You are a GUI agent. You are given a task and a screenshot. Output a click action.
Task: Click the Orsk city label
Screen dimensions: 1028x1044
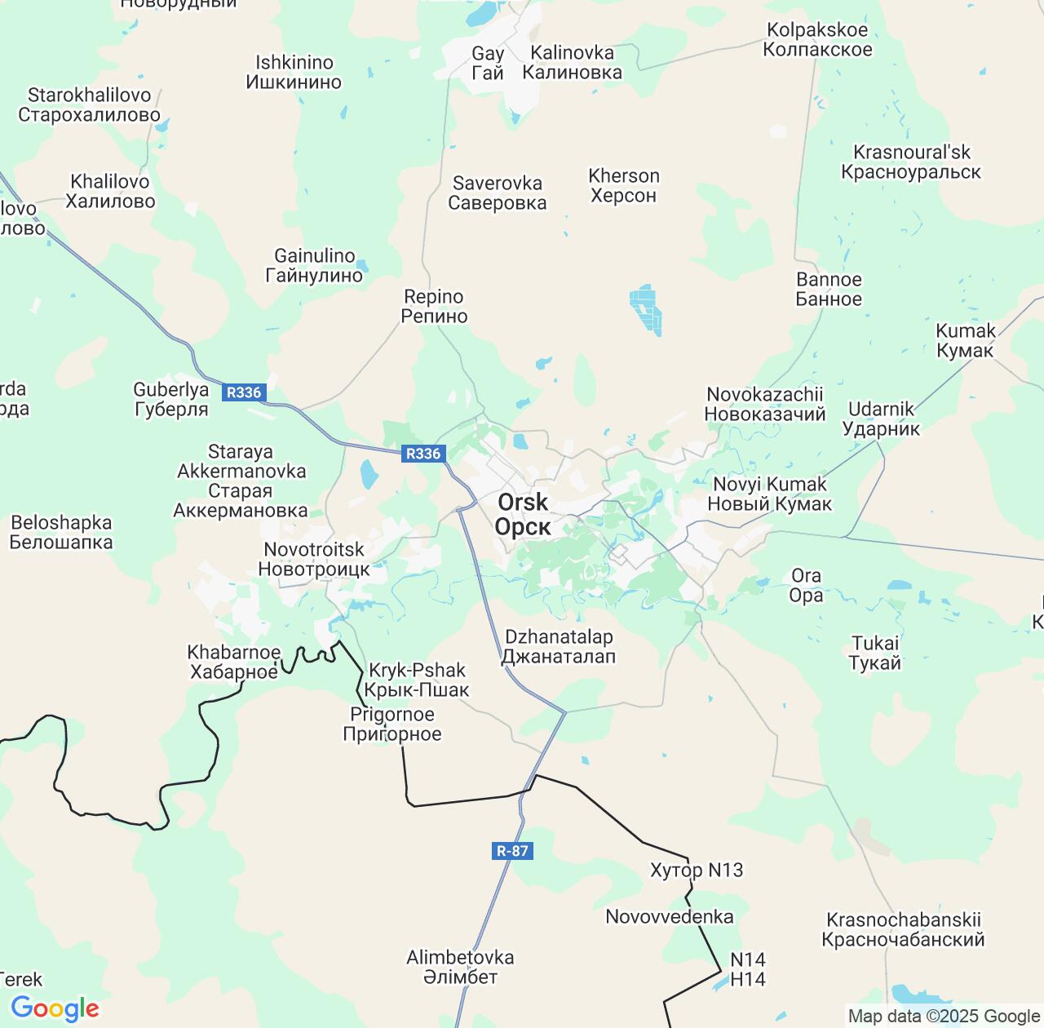click(523, 514)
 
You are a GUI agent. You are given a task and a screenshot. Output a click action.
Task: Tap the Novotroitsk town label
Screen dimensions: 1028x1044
click(314, 559)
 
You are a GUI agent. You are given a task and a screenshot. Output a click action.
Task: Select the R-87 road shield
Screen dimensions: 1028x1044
click(512, 851)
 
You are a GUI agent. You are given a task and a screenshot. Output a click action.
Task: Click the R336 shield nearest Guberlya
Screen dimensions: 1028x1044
click(244, 392)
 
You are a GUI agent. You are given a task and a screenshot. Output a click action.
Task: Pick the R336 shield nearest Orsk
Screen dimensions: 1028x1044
click(423, 454)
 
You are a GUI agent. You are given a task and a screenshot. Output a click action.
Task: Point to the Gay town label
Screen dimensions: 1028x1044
click(488, 63)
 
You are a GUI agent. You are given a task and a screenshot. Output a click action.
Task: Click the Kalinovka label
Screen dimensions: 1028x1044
click(572, 62)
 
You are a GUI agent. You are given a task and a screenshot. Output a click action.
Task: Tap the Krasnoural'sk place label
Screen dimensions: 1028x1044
click(911, 162)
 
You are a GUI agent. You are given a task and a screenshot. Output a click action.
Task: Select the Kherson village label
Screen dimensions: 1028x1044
click(624, 185)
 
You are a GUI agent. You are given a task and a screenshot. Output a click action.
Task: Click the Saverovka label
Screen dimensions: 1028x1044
click(498, 193)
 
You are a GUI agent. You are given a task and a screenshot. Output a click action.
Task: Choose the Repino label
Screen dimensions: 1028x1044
click(434, 306)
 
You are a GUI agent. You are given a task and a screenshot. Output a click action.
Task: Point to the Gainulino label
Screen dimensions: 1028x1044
click(314, 265)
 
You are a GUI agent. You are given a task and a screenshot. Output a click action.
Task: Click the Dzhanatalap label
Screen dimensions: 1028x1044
click(559, 646)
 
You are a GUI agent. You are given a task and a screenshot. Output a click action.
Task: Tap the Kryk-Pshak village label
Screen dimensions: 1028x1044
click(417, 680)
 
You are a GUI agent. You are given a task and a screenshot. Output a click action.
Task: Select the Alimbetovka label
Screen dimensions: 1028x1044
click(460, 967)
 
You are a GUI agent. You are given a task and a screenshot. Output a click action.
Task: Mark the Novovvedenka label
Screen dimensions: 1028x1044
click(669, 916)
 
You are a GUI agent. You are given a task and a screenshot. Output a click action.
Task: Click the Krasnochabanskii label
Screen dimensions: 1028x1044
click(903, 929)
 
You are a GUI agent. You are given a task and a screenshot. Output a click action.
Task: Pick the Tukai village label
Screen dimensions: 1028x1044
click(875, 653)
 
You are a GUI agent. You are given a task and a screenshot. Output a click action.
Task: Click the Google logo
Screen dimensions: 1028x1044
click(55, 1008)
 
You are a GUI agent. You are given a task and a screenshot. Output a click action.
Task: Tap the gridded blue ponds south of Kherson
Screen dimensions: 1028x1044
click(645, 309)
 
